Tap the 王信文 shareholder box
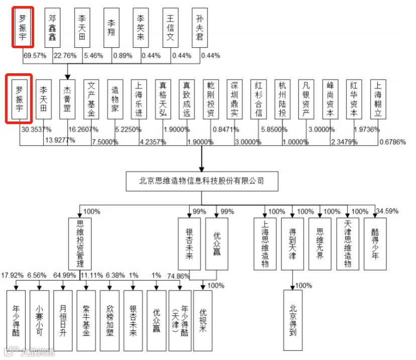pos(171,28)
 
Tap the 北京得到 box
pos(293,320)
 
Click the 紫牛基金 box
pos(86,320)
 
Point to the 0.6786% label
pos(393,142)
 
